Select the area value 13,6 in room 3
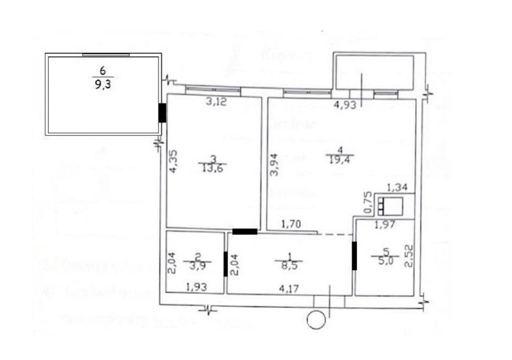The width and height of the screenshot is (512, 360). [x=212, y=169]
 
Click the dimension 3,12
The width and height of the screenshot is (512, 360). [x=216, y=102]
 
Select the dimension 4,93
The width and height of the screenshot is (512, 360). [x=344, y=107]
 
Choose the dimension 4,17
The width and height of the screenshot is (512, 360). [x=289, y=288]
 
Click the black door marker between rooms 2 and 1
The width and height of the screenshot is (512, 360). [x=226, y=264]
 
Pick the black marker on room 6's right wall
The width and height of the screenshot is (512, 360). [x=162, y=113]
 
